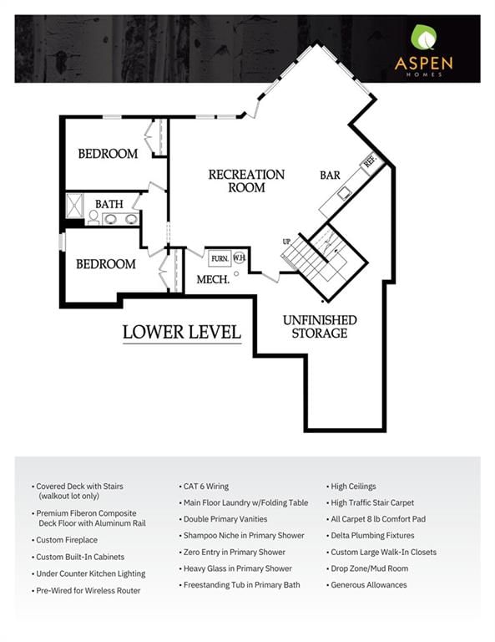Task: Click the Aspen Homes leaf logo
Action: (x=423, y=37)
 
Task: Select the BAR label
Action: (x=330, y=176)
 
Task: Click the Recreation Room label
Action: (x=246, y=181)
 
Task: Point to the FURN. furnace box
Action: (x=220, y=258)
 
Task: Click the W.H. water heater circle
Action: (x=239, y=258)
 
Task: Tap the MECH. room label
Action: (x=213, y=280)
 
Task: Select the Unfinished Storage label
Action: (x=320, y=326)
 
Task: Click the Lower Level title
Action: (x=182, y=332)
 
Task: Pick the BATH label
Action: (x=109, y=204)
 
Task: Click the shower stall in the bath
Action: (x=75, y=206)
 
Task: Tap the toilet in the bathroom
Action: (x=93, y=218)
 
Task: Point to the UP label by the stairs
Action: (x=286, y=242)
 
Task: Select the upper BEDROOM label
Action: (x=108, y=154)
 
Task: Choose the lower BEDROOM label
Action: (x=106, y=264)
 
